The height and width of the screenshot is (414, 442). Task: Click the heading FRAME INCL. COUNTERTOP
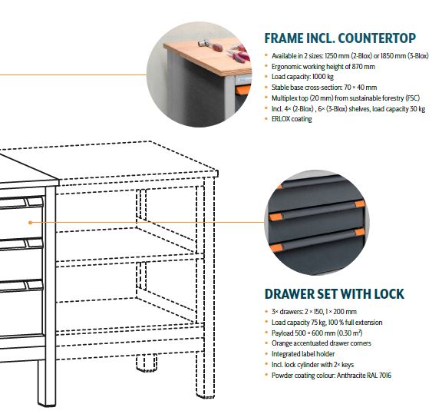340,38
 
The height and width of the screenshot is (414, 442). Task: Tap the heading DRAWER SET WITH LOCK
335,293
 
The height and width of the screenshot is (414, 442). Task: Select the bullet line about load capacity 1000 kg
302,77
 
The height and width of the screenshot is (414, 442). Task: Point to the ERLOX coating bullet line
292,119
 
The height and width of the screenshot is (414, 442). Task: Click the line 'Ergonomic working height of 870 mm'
323,67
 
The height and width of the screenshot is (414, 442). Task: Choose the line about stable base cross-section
324,88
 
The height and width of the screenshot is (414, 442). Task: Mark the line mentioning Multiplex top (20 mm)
345,98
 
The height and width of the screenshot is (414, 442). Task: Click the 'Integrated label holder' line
303,354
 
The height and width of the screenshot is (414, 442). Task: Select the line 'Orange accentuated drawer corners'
321,343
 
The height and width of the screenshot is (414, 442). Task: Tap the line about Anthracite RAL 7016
331,376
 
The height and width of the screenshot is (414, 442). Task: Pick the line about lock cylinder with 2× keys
312,365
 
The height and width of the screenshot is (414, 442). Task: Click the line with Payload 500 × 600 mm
317,333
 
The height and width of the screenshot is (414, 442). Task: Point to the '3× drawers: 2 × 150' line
314,312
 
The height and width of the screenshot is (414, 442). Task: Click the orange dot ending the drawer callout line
31,223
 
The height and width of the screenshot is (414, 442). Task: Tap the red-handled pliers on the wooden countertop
239,54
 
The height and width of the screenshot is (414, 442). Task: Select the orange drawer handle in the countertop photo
243,91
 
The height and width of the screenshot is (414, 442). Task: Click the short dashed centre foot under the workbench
147,363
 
